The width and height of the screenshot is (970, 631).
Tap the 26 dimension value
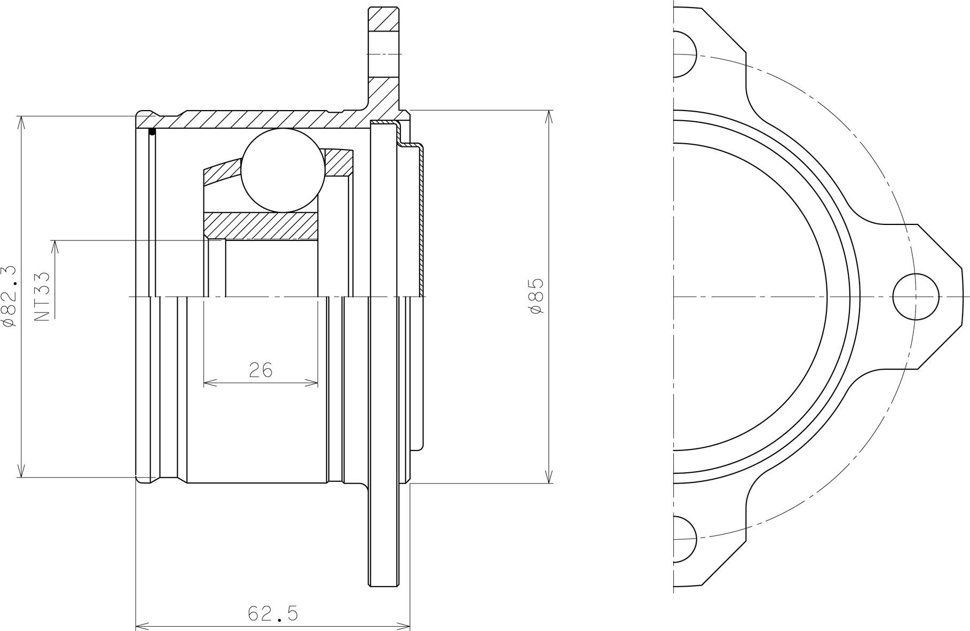tap(261, 370)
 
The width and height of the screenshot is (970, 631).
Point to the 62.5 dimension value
tap(273, 613)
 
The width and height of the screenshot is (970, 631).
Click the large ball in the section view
tap(283, 170)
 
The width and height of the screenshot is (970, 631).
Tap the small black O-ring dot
tap(152, 131)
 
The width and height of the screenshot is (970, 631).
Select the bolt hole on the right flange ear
tap(916, 296)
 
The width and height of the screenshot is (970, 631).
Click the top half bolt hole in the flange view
tap(685, 54)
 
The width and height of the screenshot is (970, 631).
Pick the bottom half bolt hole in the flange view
tap(685, 539)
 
